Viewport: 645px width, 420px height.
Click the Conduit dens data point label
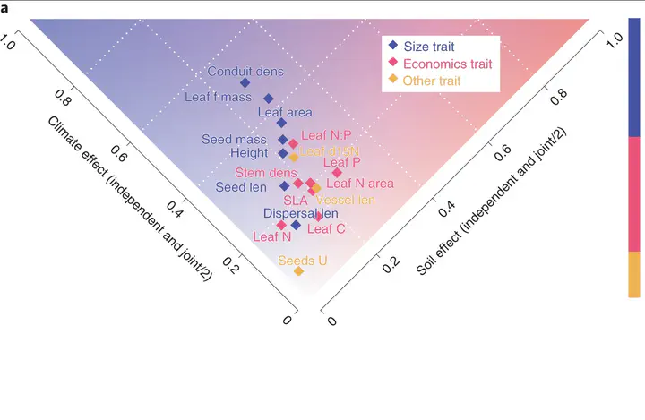tap(245, 71)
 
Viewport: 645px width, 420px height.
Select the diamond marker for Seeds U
tap(298, 271)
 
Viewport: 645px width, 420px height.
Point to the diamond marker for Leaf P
tap(337, 173)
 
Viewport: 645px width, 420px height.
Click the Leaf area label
tap(284, 113)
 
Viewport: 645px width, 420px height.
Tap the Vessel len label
tap(346, 200)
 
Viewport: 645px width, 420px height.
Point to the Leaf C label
tap(326, 229)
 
